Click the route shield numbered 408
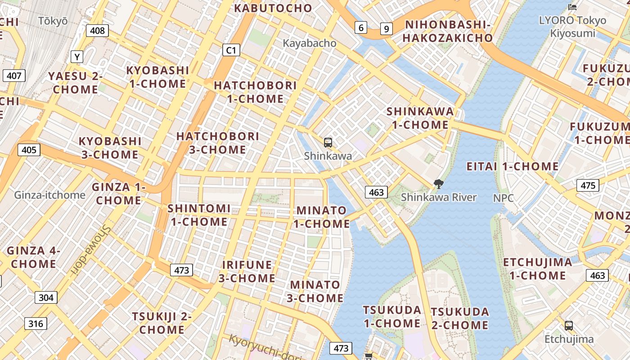click(x=97, y=31)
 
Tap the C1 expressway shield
click(x=230, y=50)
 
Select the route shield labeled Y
click(x=77, y=57)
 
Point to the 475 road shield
click(x=588, y=185)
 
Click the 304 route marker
click(x=46, y=297)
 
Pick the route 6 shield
click(x=360, y=28)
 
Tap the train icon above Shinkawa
click(x=328, y=143)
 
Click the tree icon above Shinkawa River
click(x=438, y=184)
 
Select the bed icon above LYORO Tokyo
click(x=572, y=7)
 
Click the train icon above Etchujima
click(x=569, y=325)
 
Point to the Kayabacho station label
click(x=310, y=43)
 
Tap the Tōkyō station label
click(x=53, y=21)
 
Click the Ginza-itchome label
click(x=49, y=195)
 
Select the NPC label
click(x=503, y=198)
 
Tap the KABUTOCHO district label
click(x=273, y=8)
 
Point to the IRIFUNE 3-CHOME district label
click(x=247, y=271)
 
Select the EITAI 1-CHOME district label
click(x=512, y=166)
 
